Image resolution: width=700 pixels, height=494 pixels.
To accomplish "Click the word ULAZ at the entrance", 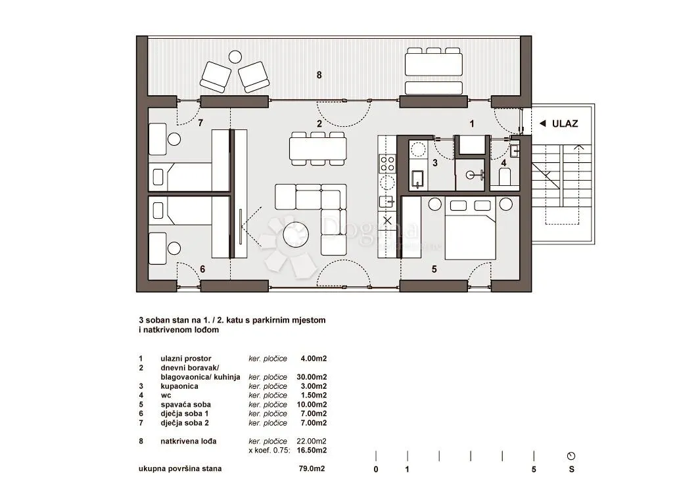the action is coord(565,123).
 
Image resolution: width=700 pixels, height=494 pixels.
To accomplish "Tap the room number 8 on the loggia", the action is coord(319,75).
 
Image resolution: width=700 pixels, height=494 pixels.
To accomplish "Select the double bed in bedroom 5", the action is coord(471,229).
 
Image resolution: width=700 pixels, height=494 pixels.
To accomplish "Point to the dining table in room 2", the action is coord(318,148).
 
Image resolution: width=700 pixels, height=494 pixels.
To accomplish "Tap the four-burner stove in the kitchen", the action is coord(387,164).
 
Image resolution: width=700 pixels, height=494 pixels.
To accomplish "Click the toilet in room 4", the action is coord(505,176).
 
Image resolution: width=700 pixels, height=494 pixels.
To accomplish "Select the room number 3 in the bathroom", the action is coord(435,163).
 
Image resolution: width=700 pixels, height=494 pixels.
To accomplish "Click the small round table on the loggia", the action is coord(235,56).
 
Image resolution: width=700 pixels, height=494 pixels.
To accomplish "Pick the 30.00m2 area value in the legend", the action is coord(312,377).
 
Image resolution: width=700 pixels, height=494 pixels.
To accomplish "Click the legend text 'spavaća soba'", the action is coord(186,405).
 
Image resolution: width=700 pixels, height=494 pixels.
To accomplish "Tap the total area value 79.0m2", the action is coord(312,468).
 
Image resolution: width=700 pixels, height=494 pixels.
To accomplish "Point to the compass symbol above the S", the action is coord(571,456).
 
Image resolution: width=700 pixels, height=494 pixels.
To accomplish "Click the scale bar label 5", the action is coord(534,470).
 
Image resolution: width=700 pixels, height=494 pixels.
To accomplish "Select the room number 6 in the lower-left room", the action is coord(202,269).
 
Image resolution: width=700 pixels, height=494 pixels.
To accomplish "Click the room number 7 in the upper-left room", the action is coord(200,122).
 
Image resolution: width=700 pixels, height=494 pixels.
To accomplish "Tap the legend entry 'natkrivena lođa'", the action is coord(189,441).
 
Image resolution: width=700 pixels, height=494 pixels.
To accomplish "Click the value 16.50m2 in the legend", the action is coord(312,450).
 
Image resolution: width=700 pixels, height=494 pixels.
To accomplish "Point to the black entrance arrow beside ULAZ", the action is coord(542,123).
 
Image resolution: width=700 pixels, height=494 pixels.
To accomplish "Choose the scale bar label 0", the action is coord(376,470).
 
